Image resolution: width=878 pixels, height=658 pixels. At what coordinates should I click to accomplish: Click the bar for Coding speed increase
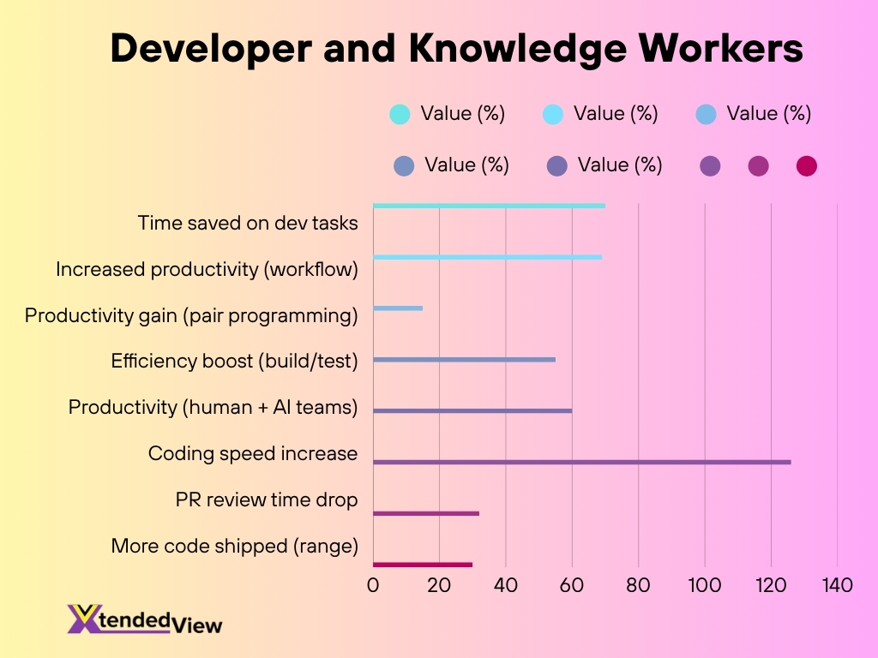pos(581,463)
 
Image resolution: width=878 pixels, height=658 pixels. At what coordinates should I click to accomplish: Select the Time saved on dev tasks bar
pos(489,206)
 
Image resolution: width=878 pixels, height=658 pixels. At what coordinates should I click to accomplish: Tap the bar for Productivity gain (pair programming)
pos(398,308)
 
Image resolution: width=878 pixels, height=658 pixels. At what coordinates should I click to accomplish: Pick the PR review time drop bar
pos(425,513)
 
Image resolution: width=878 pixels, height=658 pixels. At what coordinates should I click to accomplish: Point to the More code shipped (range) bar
pos(422,565)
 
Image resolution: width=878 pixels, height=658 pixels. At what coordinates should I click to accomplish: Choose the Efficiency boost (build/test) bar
pos(464,360)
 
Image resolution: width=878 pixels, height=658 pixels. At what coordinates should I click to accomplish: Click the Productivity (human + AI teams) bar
pos(472,411)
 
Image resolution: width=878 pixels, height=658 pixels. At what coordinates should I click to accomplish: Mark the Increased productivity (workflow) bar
pos(487,257)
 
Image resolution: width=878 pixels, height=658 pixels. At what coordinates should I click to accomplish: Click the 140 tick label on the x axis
pos(837,586)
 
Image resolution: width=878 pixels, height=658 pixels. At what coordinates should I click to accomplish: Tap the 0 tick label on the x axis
pos(373,586)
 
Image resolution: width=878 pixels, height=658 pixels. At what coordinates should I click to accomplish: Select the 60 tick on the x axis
pos(572,586)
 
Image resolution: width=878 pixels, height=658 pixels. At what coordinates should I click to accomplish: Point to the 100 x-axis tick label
pos(704,586)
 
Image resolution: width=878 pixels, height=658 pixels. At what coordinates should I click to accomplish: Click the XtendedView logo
pos(144,619)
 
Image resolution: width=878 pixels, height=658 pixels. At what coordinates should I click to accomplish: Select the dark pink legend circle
pos(806,166)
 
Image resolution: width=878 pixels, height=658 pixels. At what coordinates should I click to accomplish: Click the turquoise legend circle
pos(400,114)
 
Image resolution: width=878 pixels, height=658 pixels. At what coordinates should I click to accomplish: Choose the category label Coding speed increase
pos(252,453)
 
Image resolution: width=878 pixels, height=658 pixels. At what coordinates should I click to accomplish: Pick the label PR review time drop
pos(266,499)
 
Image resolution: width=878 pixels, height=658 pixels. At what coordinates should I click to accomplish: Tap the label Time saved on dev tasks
pos(247,223)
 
